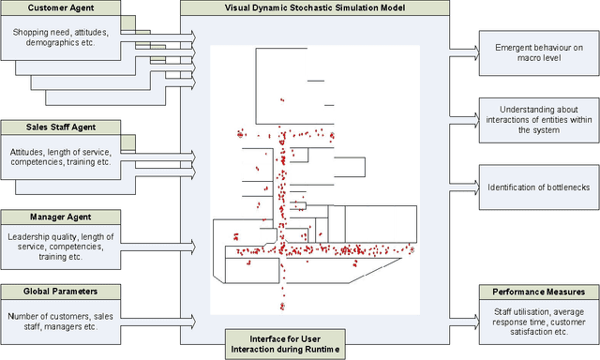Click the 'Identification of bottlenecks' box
click(537, 187)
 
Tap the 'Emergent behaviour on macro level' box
click(537, 52)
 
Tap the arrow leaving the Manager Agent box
click(159, 246)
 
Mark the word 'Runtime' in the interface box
click(322, 350)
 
